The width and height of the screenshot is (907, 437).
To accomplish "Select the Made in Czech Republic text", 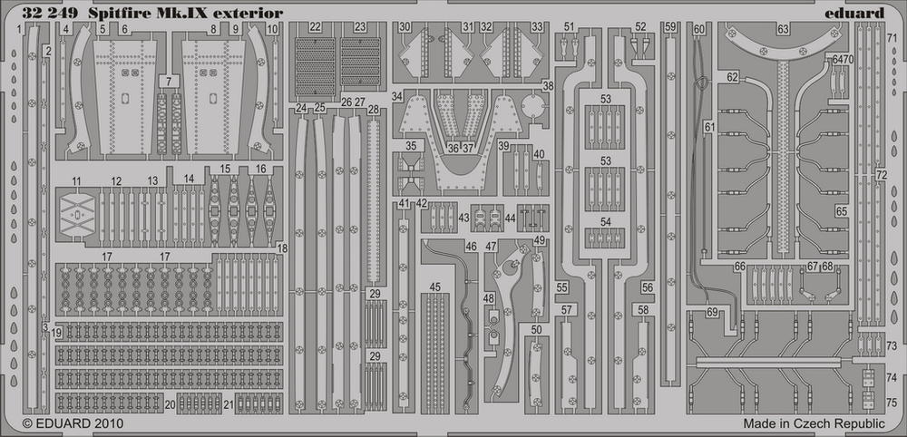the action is tap(814, 423).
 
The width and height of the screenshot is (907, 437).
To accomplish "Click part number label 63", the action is tap(783, 29).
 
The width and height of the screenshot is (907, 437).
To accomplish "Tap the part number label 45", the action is tap(435, 287).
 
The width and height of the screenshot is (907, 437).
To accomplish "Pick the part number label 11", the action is tap(77, 181).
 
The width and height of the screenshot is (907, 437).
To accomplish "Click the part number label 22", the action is tap(315, 27).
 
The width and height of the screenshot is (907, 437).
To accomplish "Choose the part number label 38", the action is tap(549, 86).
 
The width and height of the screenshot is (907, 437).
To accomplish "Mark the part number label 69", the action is tap(711, 313).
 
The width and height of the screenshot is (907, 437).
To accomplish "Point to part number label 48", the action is tap(490, 298).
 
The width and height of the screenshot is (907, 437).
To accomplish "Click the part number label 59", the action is tap(670, 26).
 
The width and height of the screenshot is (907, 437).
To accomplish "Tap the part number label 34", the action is tap(397, 96).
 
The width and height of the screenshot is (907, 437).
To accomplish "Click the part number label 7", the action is tap(169, 82).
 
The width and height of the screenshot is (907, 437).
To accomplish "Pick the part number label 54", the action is tap(605, 222).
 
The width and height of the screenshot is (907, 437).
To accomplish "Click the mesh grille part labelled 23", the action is tap(360, 66).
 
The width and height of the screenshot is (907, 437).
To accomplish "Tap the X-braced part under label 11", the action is tap(77, 215).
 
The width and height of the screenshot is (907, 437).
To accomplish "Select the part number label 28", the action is tap(374, 110).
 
